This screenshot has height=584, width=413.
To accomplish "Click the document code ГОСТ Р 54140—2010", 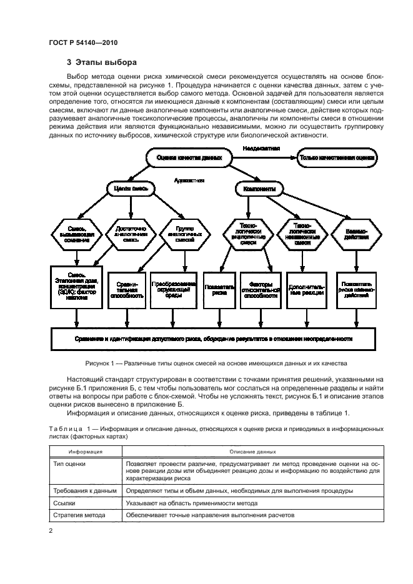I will (x=83, y=42).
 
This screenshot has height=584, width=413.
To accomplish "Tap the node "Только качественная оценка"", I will (x=337, y=159).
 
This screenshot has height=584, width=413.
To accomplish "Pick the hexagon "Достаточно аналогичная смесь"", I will (x=131, y=234).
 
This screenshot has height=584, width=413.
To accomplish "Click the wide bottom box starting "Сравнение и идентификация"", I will (x=212, y=339).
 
